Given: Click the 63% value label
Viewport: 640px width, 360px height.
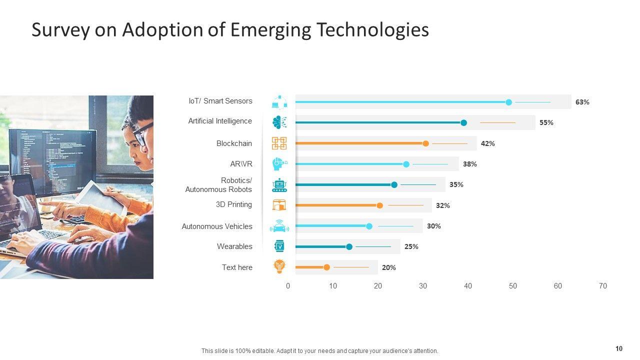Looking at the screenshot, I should point(582,102).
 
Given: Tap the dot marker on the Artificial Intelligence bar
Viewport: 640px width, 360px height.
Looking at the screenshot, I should point(463,123).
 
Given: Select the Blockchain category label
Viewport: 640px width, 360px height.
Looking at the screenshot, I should point(234,143).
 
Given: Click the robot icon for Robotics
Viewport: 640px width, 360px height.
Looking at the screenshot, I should point(279,185).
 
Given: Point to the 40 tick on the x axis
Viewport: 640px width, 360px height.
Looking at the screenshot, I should point(468,286).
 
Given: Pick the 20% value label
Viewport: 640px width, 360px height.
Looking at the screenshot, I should point(388,267).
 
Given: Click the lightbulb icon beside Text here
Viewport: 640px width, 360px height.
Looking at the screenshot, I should point(279,266).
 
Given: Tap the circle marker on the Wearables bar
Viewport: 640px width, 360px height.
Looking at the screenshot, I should point(349,246).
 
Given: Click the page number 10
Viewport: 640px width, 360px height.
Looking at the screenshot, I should point(619,349).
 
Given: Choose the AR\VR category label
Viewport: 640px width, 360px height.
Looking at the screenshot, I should point(241,164).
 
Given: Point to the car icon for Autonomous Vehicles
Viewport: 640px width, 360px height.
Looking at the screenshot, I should point(279,226).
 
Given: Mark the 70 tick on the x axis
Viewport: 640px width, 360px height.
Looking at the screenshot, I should point(603,286).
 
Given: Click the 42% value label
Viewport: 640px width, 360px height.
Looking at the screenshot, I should point(487,143).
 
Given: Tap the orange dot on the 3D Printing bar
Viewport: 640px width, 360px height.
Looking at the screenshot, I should point(379,205).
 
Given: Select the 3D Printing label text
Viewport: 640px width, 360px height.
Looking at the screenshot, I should point(233,204).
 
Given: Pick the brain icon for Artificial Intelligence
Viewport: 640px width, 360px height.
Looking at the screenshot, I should point(279,122).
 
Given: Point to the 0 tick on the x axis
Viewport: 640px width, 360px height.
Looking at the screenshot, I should point(288,286).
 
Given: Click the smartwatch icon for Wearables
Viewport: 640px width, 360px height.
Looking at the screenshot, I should point(279,246).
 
